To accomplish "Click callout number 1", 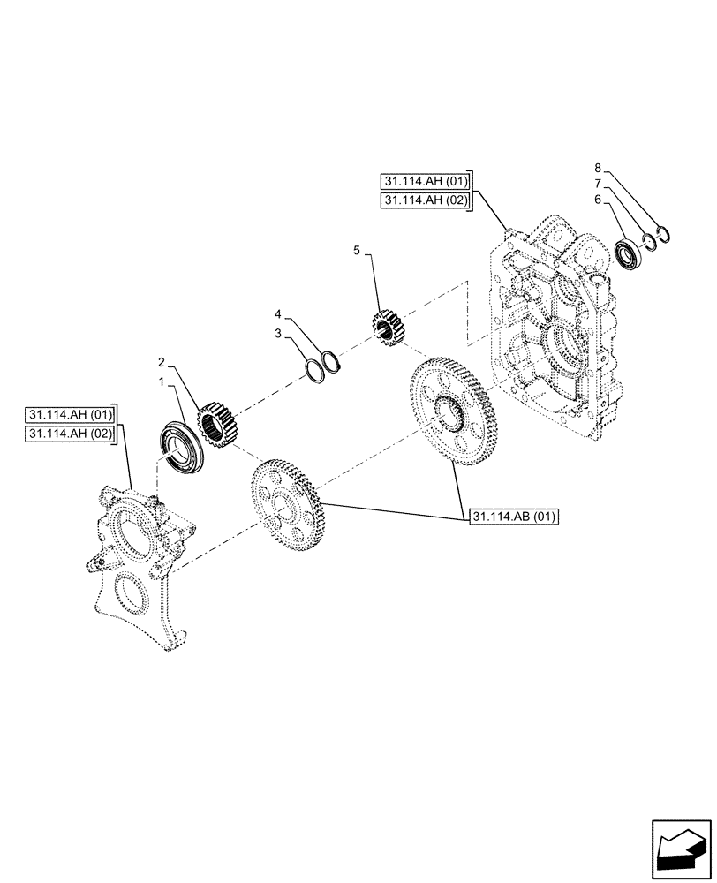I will (x=162, y=382).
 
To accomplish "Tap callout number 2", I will (x=162, y=362).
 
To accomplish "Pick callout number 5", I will (x=357, y=251).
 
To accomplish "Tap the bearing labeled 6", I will (x=629, y=257).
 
